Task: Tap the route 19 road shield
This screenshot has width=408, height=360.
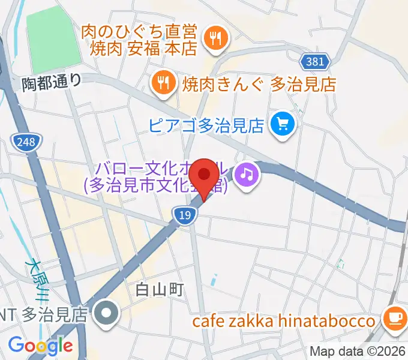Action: [x=184, y=215]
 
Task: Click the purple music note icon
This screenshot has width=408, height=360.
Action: [x=247, y=175]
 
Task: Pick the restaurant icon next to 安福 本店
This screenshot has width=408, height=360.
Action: [x=213, y=39]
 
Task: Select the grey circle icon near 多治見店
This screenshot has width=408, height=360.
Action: [x=107, y=313]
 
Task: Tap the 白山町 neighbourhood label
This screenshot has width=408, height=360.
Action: [x=158, y=290]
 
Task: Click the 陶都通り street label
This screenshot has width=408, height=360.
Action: [x=51, y=81]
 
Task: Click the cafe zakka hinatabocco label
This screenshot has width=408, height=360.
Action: [x=283, y=321]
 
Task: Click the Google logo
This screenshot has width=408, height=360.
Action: [x=40, y=346]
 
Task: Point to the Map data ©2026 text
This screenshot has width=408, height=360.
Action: [x=358, y=351]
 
